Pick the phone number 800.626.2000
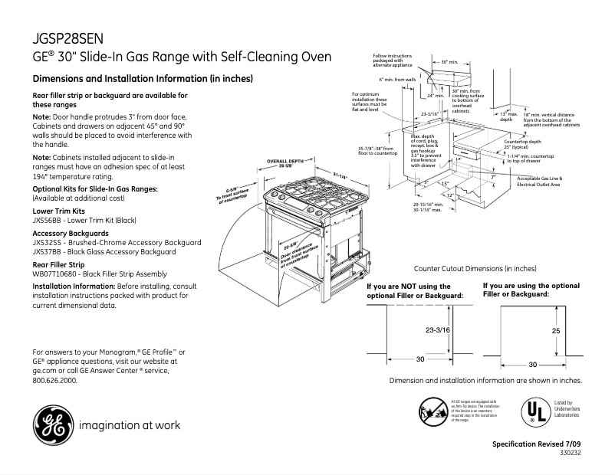click(55, 380)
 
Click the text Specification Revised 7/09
click(537, 444)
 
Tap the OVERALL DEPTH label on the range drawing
click(286, 161)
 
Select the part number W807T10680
click(55, 274)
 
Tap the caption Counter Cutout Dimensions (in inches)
click(475, 269)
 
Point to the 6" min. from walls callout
click(397, 79)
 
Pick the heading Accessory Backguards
click(70, 232)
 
